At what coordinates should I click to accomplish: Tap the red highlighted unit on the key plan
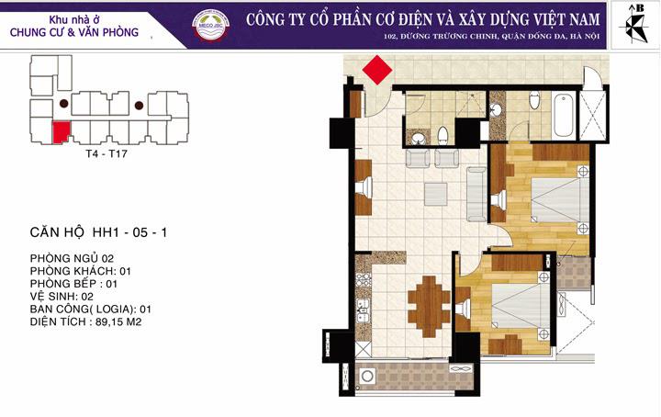click(62, 132)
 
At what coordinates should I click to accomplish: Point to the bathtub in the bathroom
click(563, 114)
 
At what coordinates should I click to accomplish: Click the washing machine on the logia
click(369, 377)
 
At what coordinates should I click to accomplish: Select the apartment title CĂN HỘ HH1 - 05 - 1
click(98, 233)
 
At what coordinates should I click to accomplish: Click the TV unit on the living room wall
click(364, 188)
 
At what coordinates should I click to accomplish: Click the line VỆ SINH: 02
click(63, 297)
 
